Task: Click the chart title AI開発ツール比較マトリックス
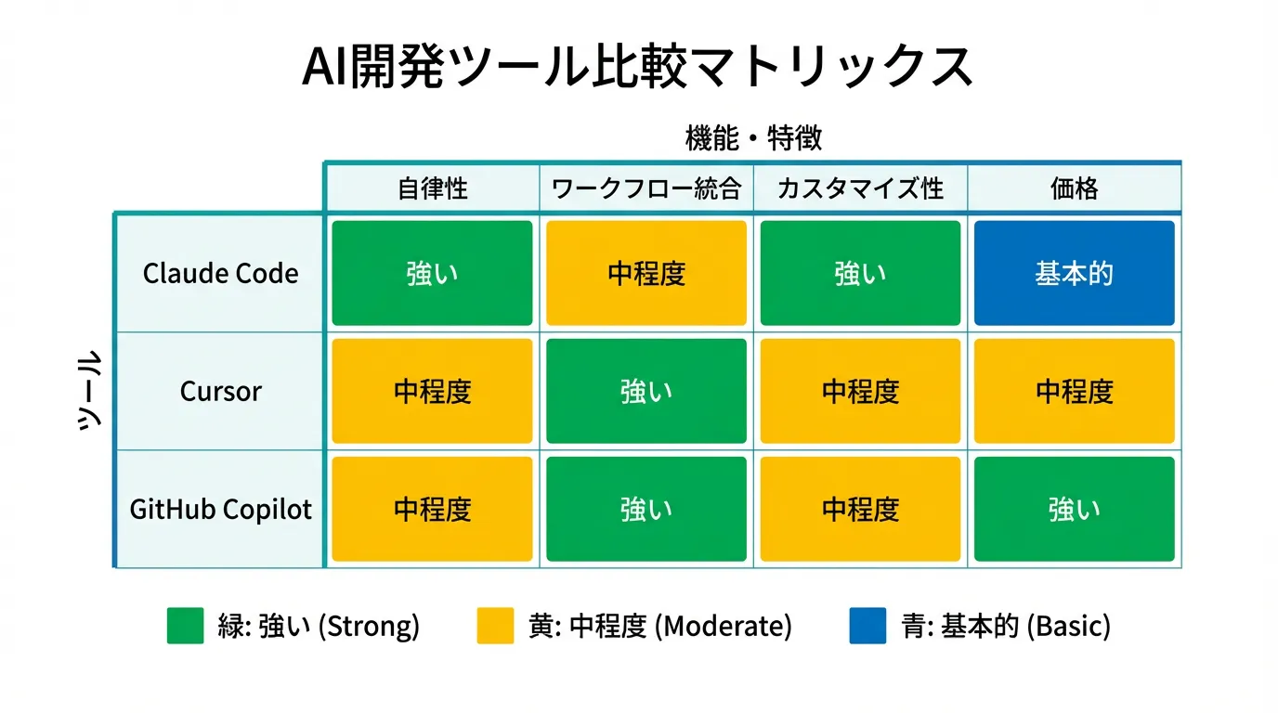(x=638, y=66)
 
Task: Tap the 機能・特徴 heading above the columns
(x=753, y=138)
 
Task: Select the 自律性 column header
(x=432, y=188)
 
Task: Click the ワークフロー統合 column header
(x=646, y=188)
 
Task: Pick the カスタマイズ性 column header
(x=860, y=188)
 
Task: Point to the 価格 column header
(x=1074, y=188)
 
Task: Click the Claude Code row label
(x=220, y=273)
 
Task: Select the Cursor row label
(x=220, y=391)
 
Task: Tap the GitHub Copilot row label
(x=220, y=509)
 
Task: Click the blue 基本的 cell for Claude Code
(x=1075, y=273)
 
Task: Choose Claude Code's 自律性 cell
(x=432, y=273)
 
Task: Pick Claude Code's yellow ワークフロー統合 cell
(x=646, y=273)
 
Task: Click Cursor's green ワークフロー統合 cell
(x=646, y=391)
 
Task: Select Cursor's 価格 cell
(x=1075, y=391)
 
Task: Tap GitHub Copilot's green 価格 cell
(x=1075, y=509)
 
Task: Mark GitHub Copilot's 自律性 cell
(x=432, y=509)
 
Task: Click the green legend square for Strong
(x=186, y=626)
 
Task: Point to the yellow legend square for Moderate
(x=495, y=626)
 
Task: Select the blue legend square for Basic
(x=867, y=626)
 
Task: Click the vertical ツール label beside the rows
(x=89, y=391)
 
